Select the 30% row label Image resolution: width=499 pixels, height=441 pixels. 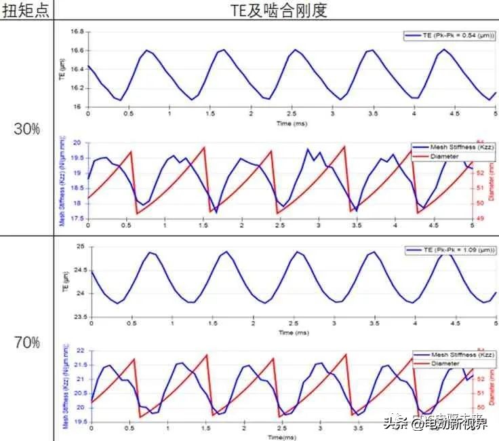coord(26,129)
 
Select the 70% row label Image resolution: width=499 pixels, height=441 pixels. coord(26,343)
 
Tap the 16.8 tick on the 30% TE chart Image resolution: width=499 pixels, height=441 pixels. coord(78,32)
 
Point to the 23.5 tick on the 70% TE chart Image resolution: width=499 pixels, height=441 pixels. coord(78,317)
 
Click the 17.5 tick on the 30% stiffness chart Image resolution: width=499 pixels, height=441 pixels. coord(78,218)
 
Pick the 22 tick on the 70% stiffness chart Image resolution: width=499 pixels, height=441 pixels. coord(81,351)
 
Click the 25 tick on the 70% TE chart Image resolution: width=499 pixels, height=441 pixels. coord(81,247)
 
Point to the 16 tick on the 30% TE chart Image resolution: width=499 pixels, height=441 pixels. coord(81,107)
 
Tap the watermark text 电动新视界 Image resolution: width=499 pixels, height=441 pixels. coord(454,424)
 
